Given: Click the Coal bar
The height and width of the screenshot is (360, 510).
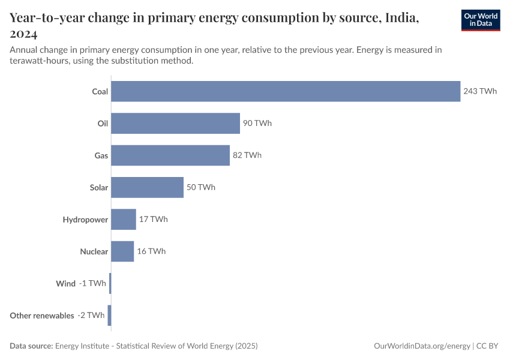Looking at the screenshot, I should click(286, 91).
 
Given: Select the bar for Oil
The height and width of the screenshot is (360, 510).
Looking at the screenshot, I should click(175, 123).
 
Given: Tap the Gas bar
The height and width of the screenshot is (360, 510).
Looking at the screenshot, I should click(170, 155).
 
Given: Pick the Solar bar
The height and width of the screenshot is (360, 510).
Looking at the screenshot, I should click(147, 187).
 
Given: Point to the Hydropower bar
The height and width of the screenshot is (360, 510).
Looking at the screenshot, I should click(124, 219).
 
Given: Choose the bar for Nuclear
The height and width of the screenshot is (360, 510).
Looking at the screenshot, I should click(122, 251).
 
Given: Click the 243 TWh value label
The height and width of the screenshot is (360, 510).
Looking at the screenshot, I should click(480, 91).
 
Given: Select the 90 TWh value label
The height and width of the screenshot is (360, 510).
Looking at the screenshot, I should click(257, 123).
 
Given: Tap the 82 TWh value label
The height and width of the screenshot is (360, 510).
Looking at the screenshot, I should click(247, 155).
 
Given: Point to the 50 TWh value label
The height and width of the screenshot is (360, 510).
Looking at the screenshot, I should click(201, 187).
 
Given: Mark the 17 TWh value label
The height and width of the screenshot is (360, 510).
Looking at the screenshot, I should click(154, 219).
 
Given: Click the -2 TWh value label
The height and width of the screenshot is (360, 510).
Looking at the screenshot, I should click(91, 315).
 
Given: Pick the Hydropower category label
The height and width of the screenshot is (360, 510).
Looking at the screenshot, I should click(85, 220).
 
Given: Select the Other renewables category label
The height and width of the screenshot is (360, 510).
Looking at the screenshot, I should click(42, 315).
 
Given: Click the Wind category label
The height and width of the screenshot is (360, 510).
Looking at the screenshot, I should click(66, 283).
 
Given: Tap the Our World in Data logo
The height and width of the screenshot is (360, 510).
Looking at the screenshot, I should click(481, 20).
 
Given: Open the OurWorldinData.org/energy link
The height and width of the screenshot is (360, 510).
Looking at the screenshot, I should click(422, 346).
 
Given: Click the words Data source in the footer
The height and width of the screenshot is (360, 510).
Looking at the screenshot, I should click(31, 346).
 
